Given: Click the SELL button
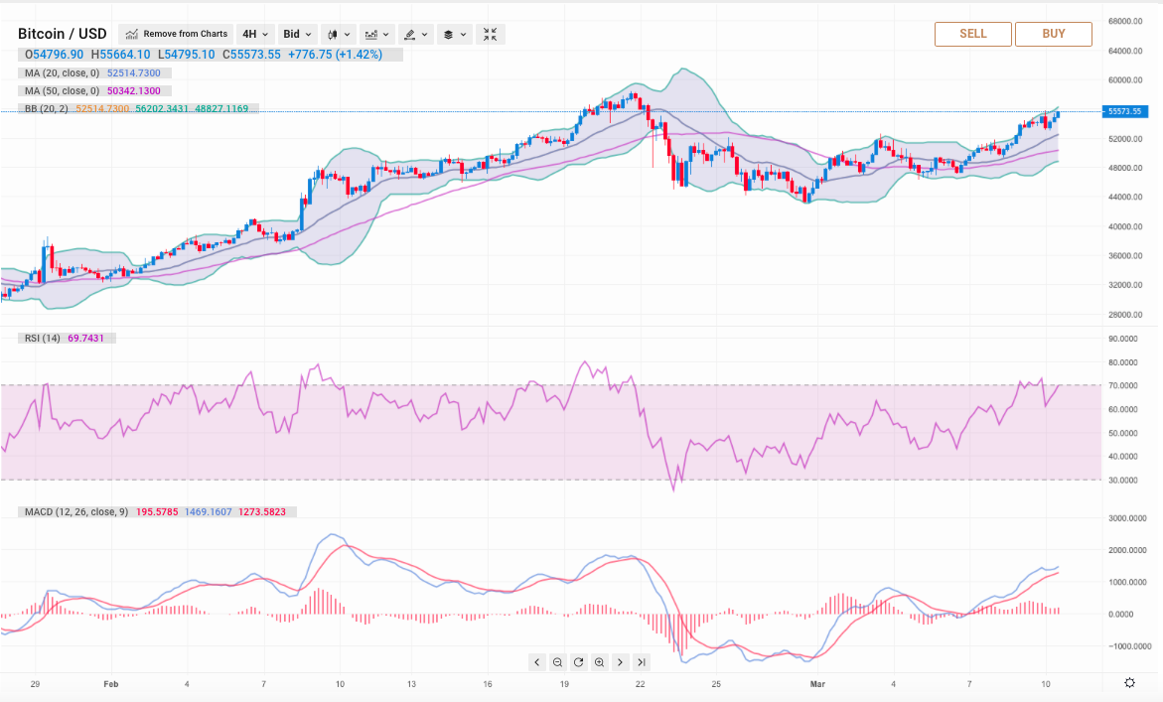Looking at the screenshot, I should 972,34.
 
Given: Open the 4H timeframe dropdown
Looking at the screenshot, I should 255,34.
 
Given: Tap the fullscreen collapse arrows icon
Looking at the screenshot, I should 491,34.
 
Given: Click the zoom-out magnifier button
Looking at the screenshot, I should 557,662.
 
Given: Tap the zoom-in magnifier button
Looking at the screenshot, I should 599,662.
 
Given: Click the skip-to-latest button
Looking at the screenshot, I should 642,662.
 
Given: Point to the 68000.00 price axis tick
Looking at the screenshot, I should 1130,21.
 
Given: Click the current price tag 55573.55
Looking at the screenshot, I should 1129,111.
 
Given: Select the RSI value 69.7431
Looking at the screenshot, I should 91,339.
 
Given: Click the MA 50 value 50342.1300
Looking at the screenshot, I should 133,91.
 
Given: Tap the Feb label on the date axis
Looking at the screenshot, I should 110,684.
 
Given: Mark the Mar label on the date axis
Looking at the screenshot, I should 817,684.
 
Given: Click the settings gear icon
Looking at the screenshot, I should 1130,683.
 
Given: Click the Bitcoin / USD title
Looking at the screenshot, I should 63,34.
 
